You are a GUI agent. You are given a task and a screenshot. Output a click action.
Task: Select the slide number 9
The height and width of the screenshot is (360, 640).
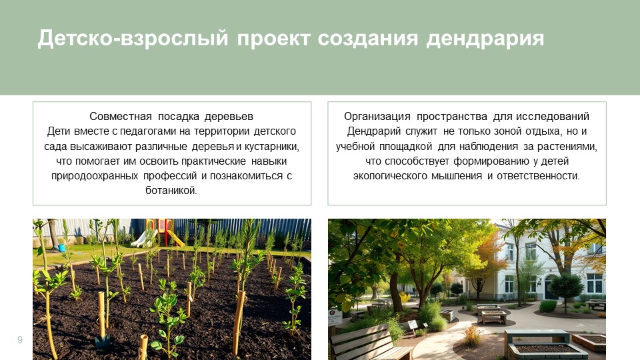click(20, 341)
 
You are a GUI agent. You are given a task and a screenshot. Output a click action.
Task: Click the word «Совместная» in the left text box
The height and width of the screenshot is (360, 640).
click(119, 116)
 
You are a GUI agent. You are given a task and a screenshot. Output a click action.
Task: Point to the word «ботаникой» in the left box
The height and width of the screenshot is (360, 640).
click(171, 190)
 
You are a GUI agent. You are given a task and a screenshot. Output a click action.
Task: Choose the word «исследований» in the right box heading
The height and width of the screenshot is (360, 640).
click(559, 116)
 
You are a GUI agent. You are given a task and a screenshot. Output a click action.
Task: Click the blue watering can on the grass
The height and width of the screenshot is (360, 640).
click(62, 248)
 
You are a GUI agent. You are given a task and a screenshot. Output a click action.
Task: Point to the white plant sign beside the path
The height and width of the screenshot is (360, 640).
click(413, 324)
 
